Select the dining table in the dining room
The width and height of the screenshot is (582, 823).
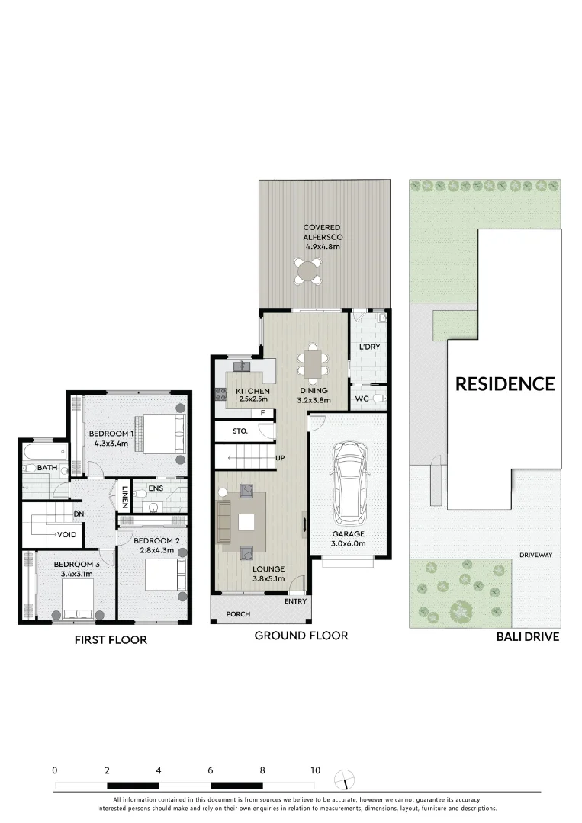click(311, 363)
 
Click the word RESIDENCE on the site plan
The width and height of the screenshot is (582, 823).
click(505, 384)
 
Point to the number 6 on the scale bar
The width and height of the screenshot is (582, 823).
click(211, 770)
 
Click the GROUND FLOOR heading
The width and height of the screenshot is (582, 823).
click(301, 636)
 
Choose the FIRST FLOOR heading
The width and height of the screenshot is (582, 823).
click(111, 640)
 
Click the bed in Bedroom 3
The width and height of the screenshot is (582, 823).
click(77, 597)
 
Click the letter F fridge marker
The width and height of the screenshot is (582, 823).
click(263, 414)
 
